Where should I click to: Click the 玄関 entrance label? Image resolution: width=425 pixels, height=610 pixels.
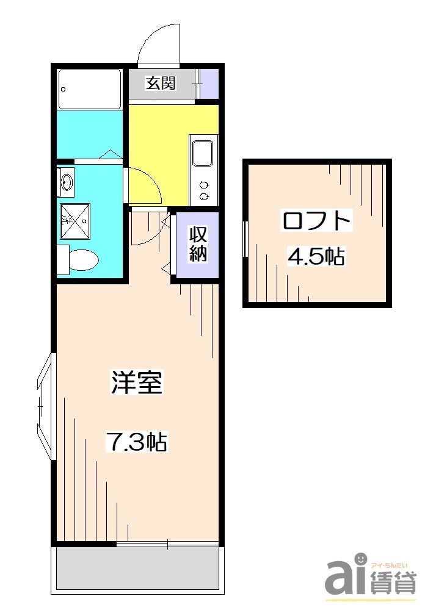point(161,83)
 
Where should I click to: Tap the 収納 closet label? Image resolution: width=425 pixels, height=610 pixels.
point(197,243)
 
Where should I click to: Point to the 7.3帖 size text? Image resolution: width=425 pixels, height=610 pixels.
point(137,441)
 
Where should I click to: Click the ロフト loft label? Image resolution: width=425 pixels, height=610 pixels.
point(316,220)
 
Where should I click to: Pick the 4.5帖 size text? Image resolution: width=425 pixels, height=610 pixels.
point(316,257)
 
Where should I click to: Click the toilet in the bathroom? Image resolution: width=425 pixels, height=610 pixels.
point(80,259)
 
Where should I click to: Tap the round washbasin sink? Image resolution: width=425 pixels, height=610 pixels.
point(67,181)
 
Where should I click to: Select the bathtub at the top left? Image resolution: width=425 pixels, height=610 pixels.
point(90,89)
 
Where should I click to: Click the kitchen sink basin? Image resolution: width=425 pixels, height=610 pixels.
point(203,153)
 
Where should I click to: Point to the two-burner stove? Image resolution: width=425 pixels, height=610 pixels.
point(203,190)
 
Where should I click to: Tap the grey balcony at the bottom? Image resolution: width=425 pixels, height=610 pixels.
point(137,568)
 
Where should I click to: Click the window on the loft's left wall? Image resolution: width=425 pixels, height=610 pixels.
point(245,239)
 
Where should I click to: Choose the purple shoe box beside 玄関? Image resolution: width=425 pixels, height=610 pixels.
point(210,84)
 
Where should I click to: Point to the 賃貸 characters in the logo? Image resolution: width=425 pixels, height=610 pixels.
point(393,583)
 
